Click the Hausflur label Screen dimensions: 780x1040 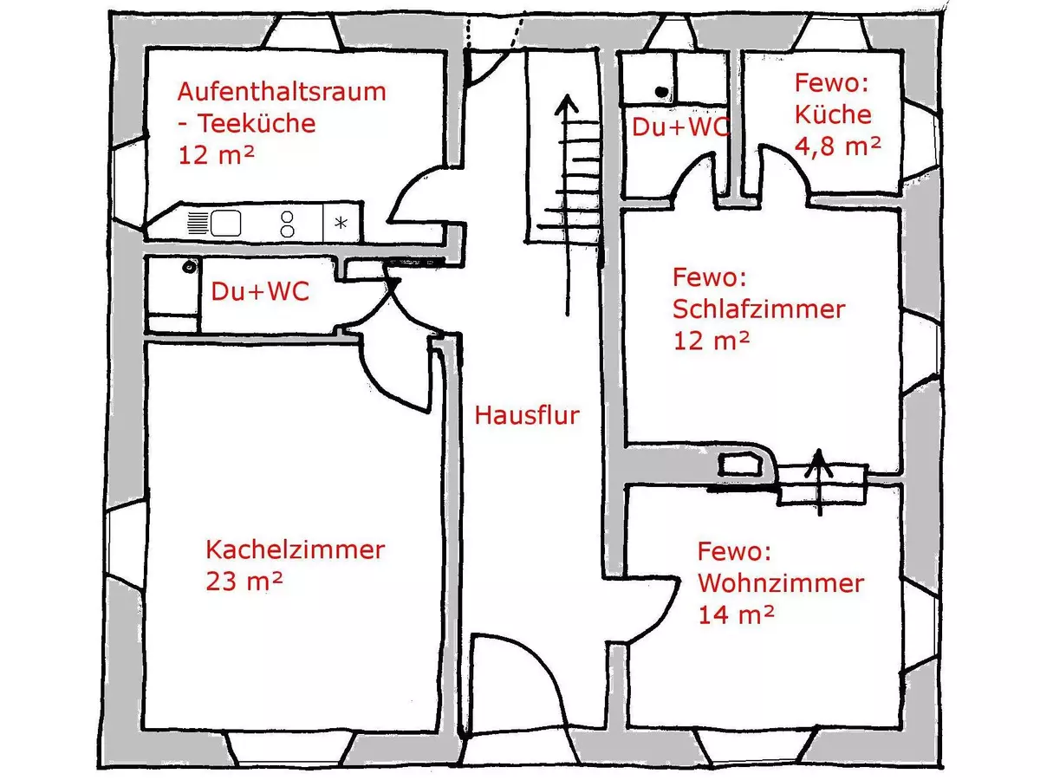coord(526,415)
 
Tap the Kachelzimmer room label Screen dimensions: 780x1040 coord(295,549)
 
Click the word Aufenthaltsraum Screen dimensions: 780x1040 coord(282,92)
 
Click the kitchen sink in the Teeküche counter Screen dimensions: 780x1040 coord(224,224)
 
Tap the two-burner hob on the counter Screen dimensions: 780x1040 coord(287,224)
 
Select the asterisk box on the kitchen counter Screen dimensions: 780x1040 coord(341,224)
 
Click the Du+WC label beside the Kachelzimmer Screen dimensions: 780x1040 coord(260,292)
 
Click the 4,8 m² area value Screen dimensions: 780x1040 coord(837,146)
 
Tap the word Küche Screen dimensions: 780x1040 coord(833,114)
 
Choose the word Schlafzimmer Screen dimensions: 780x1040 coord(758,309)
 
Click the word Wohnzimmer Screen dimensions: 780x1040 coord(780,583)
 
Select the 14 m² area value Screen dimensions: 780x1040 coord(736,614)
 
